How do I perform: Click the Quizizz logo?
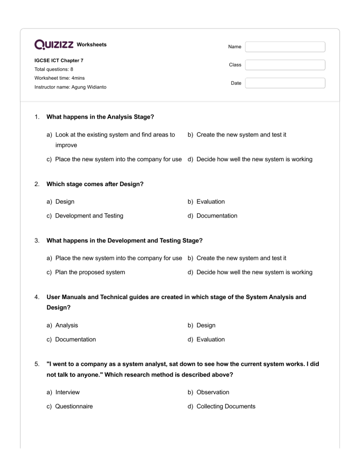click(x=54, y=45)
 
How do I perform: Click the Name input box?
click(x=285, y=47)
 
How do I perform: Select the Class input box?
click(x=285, y=65)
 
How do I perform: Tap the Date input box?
click(x=285, y=83)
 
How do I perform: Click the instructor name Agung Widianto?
click(x=64, y=87)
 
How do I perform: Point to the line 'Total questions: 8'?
click(x=53, y=69)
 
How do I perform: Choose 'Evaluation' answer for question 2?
click(x=210, y=202)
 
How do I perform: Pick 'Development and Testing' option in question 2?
click(x=89, y=216)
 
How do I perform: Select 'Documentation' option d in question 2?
click(x=217, y=216)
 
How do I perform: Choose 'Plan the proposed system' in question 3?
click(x=90, y=272)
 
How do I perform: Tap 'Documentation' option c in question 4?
click(x=75, y=339)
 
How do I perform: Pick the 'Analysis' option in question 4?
click(x=67, y=325)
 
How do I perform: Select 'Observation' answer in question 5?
click(x=213, y=392)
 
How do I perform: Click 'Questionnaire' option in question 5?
click(x=74, y=406)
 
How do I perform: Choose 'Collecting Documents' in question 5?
click(x=225, y=406)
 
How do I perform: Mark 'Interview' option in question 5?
click(x=67, y=392)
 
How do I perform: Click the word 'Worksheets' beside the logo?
click(x=91, y=45)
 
